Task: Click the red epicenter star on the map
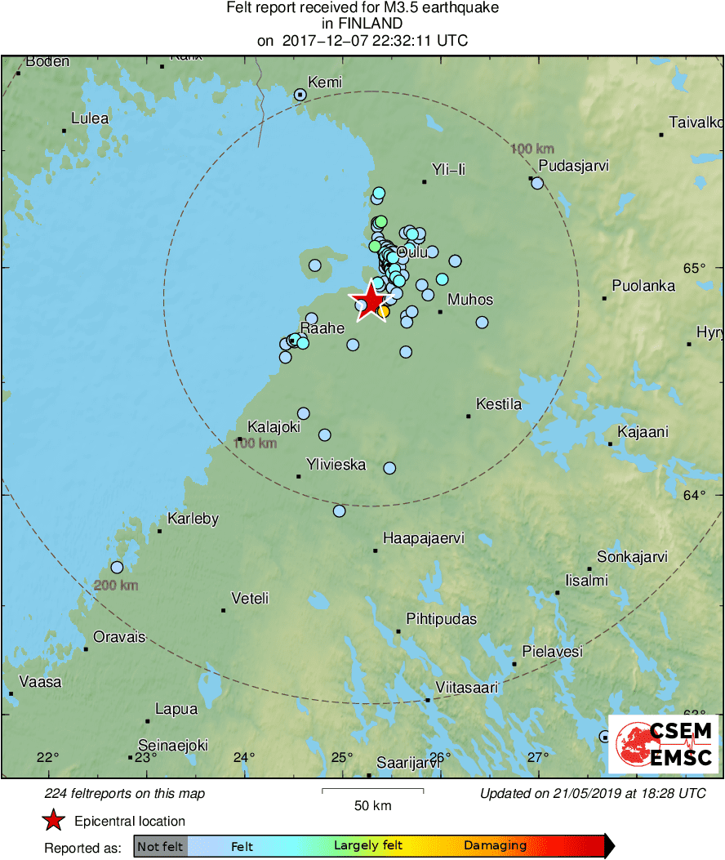point(370,301)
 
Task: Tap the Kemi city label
point(325,82)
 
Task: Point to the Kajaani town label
point(643,432)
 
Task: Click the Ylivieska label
point(336,465)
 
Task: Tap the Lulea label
point(90,118)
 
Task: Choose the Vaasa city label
point(40,681)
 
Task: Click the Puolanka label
point(644,286)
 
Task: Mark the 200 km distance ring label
point(116,586)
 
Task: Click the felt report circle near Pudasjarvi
point(537,183)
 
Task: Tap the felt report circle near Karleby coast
point(117,567)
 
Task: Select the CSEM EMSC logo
point(664,743)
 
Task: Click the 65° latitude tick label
point(693,268)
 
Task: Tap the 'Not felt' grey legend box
point(160,846)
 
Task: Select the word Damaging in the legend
point(495,846)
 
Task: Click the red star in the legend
point(54,821)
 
